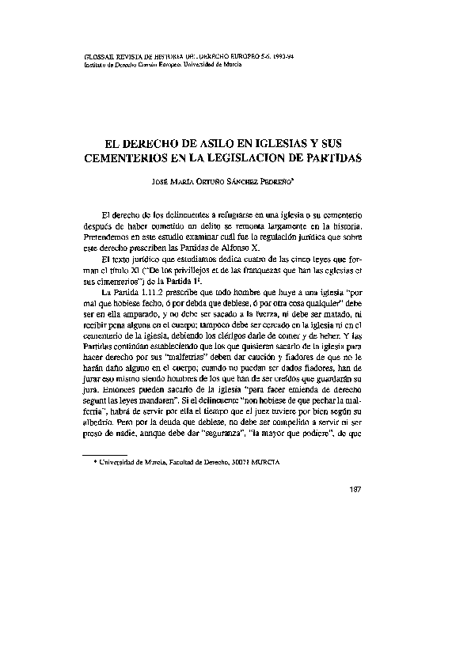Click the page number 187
pyautogui.click(x=354, y=487)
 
